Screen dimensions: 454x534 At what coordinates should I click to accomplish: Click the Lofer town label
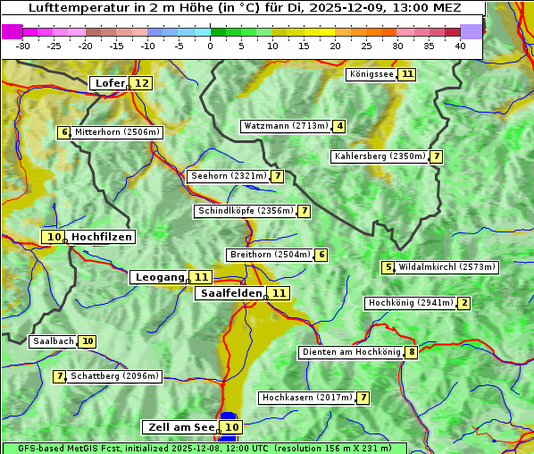(x=109, y=83)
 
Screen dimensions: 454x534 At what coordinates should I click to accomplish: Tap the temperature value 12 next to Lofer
(x=141, y=83)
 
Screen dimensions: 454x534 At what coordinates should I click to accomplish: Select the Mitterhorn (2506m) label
(x=117, y=132)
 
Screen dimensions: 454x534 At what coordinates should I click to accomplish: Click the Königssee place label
(x=371, y=74)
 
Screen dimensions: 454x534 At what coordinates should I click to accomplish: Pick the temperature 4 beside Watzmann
(x=339, y=126)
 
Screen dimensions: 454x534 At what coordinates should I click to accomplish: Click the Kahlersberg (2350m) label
(x=380, y=156)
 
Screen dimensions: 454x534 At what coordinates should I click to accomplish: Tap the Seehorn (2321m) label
(x=229, y=176)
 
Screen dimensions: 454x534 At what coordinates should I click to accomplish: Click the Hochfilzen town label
(x=102, y=237)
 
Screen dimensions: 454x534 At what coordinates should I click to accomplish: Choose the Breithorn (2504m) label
(x=269, y=255)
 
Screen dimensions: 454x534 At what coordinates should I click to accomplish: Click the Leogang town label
(x=159, y=277)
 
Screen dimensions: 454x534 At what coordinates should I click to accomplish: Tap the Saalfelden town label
(x=230, y=293)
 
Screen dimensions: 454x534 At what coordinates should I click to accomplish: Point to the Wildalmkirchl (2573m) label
(x=446, y=267)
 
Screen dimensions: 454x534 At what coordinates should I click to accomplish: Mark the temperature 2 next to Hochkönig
(x=463, y=303)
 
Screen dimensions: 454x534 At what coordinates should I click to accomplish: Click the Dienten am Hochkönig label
(x=351, y=352)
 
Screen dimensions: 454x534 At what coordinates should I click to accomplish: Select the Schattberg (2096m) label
(x=114, y=376)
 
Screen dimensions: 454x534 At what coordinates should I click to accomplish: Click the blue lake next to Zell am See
(x=229, y=416)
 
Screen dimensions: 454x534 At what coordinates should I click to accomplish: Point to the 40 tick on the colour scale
(x=460, y=45)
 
